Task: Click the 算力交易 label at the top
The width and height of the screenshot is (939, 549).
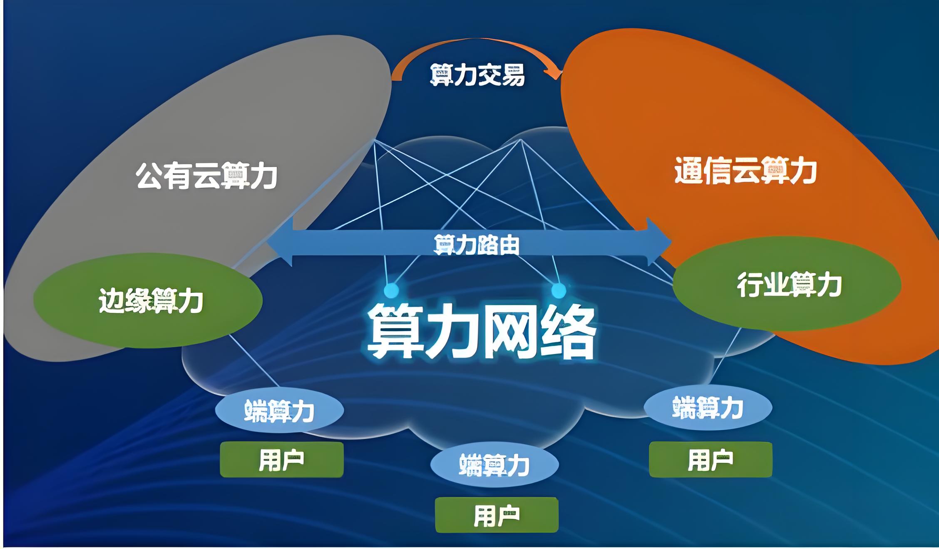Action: coord(477,75)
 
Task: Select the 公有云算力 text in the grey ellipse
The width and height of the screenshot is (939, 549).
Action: coord(206,176)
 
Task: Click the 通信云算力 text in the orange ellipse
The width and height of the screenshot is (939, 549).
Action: coord(745,171)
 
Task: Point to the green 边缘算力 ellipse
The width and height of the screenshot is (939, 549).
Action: coord(148,300)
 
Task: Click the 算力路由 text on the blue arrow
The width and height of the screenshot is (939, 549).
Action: coord(476,245)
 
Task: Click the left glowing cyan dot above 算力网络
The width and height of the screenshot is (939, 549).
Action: coord(391,290)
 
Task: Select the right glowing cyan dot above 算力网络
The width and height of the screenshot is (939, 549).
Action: coord(559,290)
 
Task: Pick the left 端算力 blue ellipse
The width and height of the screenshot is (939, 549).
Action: coord(279,410)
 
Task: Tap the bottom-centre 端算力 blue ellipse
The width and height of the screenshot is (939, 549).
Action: coord(494,465)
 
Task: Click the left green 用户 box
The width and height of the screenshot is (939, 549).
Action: coord(282,460)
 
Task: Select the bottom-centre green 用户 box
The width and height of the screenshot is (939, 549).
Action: coord(497,515)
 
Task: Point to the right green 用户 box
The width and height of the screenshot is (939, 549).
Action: coord(710,460)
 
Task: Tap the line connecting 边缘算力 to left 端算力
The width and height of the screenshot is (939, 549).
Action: coord(254,361)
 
